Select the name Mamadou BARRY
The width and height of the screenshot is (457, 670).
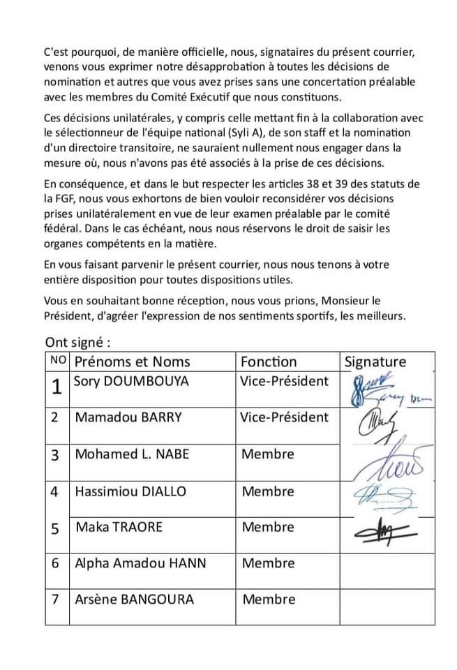click(128, 417)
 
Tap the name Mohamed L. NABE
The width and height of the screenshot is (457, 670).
click(132, 454)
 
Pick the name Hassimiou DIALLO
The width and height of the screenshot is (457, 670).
click(130, 491)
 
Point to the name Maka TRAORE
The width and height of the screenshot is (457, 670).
click(119, 527)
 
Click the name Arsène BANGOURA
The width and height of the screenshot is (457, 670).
click(135, 600)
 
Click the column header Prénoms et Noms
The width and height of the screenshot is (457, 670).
click(132, 362)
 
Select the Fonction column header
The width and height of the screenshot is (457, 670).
click(269, 362)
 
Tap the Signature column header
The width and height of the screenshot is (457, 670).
click(375, 362)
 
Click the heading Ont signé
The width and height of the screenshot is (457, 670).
click(78, 343)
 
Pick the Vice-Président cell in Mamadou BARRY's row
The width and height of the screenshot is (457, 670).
click(284, 417)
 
